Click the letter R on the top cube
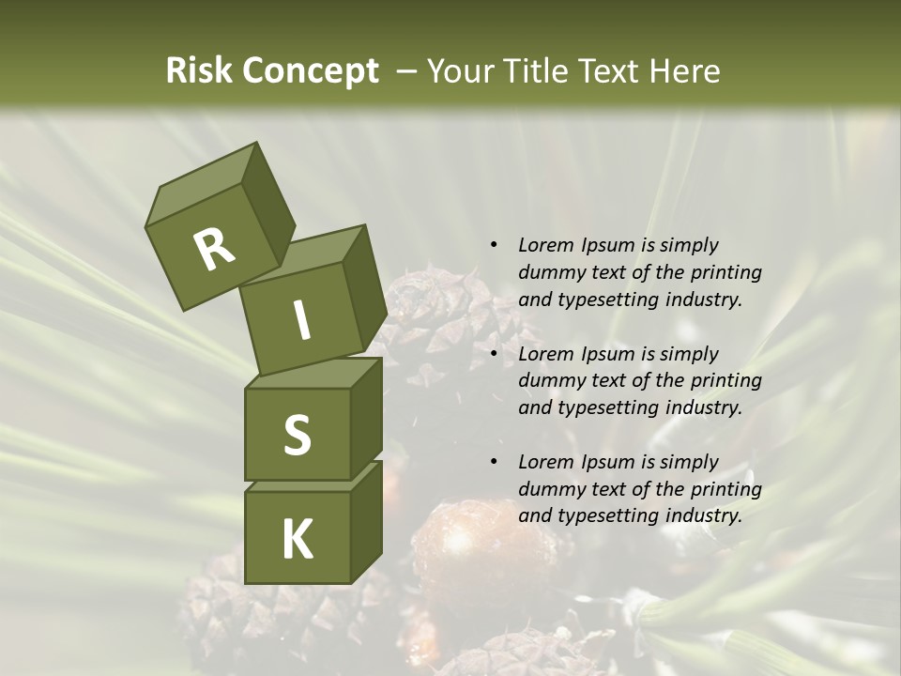coord(214,250)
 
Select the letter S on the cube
coord(297,435)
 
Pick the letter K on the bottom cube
coord(297,540)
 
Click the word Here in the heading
coord(685,71)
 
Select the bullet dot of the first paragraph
coord(494,246)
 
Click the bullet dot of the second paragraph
coord(494,354)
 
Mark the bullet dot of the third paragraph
coord(494,462)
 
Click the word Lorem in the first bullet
coord(545,246)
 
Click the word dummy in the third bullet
coord(549,489)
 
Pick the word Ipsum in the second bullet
coord(606,354)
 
